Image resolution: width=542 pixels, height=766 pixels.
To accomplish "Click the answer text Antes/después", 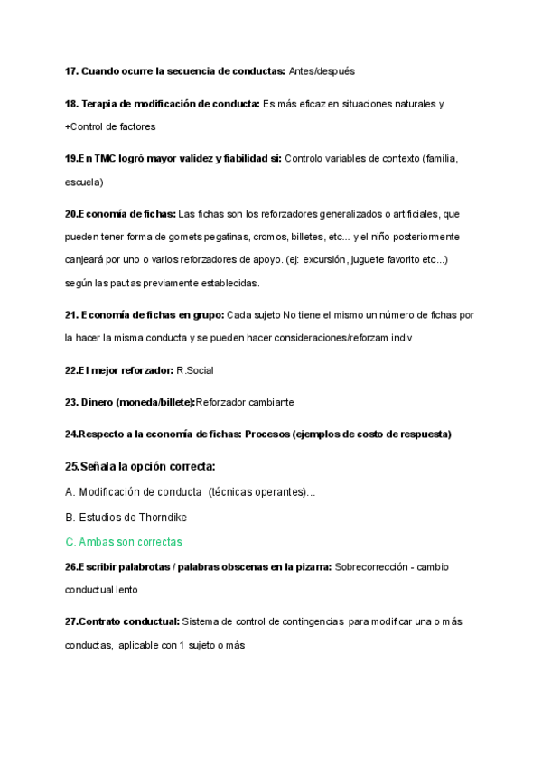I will (x=322, y=70).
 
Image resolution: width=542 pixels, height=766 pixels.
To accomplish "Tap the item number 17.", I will (x=71, y=70).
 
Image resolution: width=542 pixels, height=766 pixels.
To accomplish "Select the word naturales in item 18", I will (x=410, y=104).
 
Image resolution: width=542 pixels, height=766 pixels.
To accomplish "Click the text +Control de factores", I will (x=110, y=126).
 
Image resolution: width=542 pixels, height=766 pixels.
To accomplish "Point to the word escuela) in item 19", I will (x=84, y=182).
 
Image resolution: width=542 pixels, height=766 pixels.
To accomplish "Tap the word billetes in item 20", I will (x=317, y=237).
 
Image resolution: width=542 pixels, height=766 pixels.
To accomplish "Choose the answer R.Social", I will (x=195, y=370).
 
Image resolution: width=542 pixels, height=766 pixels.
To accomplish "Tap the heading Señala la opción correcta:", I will (x=140, y=466).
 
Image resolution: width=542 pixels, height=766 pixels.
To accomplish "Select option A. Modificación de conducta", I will (x=134, y=492).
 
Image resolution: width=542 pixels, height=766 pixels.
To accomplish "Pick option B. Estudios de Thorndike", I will (x=126, y=518).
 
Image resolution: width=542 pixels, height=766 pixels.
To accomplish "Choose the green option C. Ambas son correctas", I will (x=124, y=542).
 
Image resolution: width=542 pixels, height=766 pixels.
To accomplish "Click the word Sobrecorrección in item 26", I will (x=372, y=567).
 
